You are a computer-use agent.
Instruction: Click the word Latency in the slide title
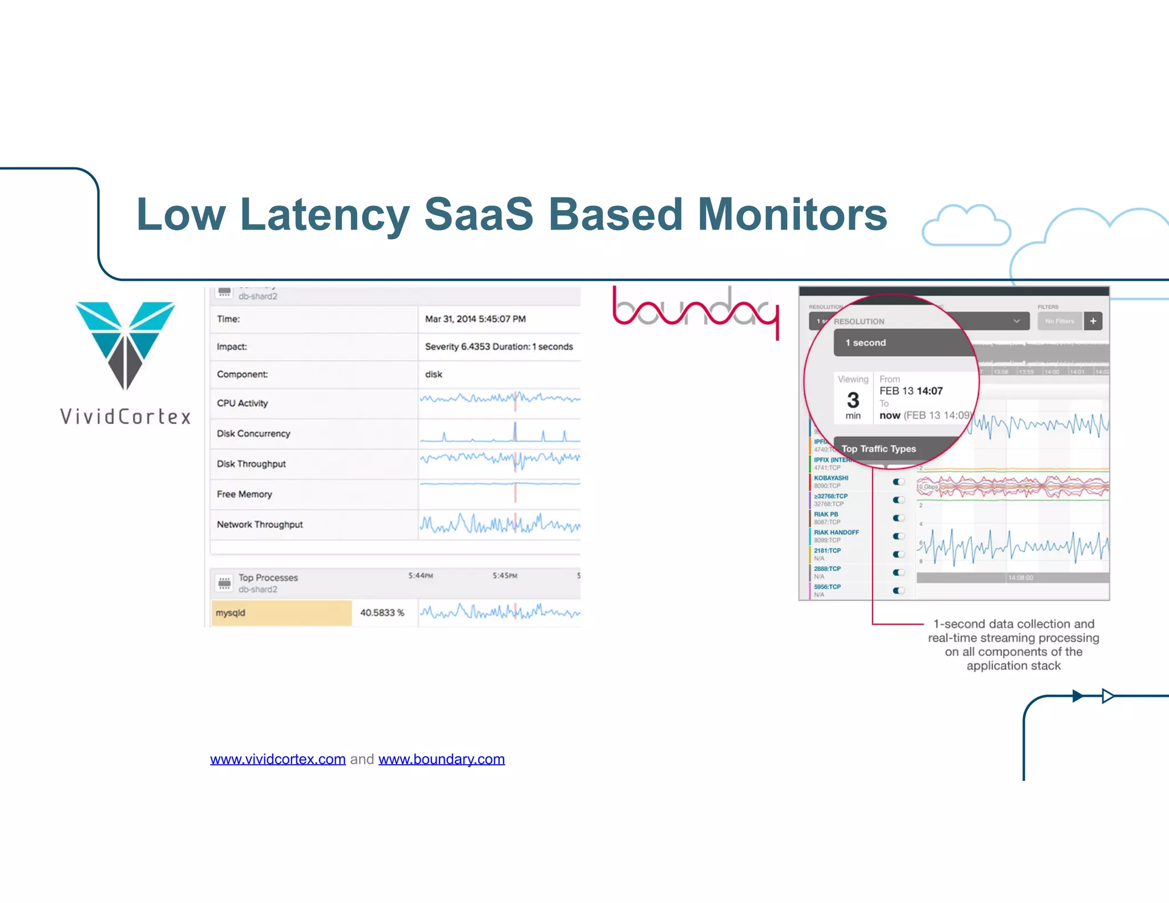tap(324, 215)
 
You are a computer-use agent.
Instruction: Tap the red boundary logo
tap(695, 311)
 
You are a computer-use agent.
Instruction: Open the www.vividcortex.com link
tap(277, 759)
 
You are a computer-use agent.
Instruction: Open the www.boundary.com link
tap(441, 759)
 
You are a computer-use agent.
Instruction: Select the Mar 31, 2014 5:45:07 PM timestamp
tap(475, 319)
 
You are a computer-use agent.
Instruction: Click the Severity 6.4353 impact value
tap(498, 346)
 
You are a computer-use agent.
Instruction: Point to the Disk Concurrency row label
tap(253, 434)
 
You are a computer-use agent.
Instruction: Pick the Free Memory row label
tap(244, 494)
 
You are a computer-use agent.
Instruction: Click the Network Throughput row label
tap(260, 525)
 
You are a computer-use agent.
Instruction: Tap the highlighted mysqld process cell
tap(281, 613)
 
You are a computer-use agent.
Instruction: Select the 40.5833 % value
tap(382, 613)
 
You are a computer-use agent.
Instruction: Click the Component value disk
tap(433, 374)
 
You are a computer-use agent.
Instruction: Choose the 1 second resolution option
tap(865, 342)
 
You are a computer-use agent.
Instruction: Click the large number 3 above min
tap(853, 400)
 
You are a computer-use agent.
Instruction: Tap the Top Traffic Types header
tap(878, 449)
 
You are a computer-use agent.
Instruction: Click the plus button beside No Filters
tap(1093, 321)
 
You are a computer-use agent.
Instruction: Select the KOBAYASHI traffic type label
tap(831, 478)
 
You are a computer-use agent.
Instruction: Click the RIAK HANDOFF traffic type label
tap(836, 532)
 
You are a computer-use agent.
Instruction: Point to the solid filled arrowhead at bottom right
tap(1077, 696)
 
